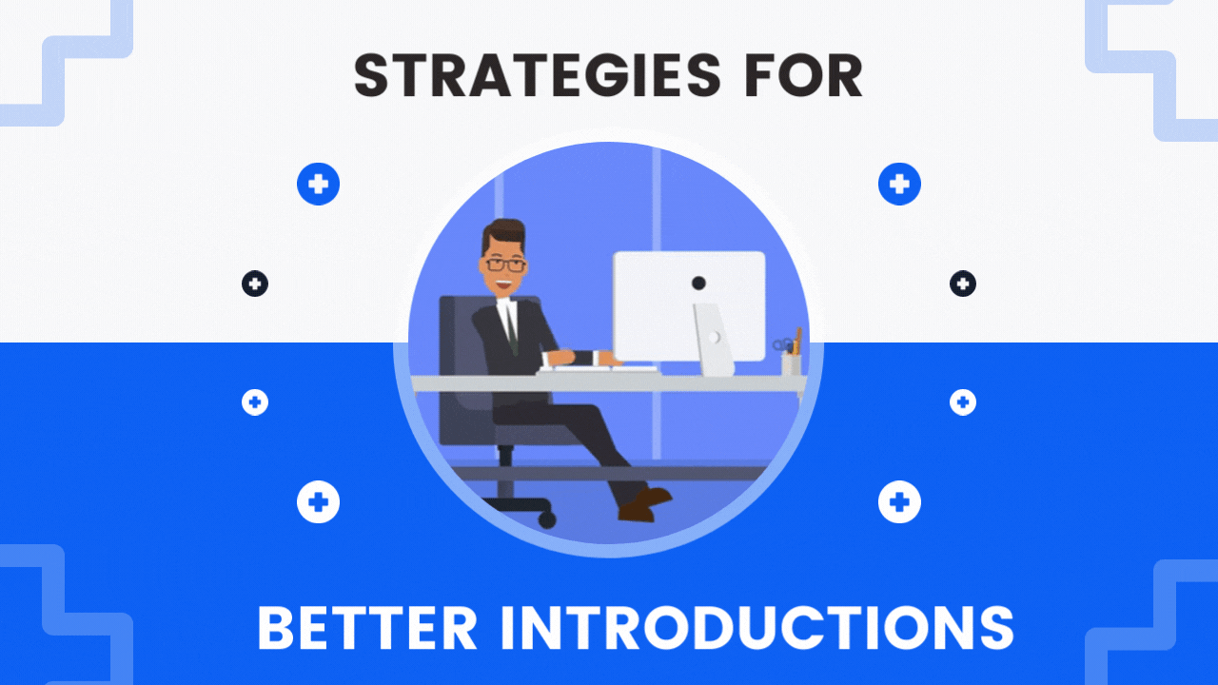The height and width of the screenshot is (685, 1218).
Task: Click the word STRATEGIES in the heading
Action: pyautogui.click(x=538, y=75)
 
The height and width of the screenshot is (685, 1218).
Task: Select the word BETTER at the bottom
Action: pyautogui.click(x=367, y=628)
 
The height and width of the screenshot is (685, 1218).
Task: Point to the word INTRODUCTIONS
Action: pyautogui.click(x=756, y=628)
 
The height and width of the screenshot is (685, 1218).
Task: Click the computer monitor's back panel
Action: pyautogui.click(x=689, y=306)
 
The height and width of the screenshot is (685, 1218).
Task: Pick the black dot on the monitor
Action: pyautogui.click(x=698, y=283)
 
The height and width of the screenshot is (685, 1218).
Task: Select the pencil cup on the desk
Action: pyautogui.click(x=791, y=363)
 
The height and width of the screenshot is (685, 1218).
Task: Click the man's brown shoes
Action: pyautogui.click(x=644, y=504)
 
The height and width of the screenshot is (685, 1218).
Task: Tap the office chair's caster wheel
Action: pyautogui.click(x=547, y=520)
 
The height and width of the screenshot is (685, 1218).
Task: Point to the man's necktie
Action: pyautogui.click(x=511, y=325)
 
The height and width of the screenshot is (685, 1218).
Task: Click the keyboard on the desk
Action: pyautogui.click(x=599, y=369)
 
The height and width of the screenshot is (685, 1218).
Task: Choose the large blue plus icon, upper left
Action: pyautogui.click(x=318, y=184)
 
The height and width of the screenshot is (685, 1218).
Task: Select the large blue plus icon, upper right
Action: pyautogui.click(x=899, y=184)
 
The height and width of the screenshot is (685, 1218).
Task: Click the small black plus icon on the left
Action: pyautogui.click(x=255, y=284)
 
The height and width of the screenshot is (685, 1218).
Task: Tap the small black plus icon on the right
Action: pyautogui.click(x=962, y=284)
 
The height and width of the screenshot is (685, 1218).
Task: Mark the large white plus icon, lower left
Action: pyautogui.click(x=318, y=501)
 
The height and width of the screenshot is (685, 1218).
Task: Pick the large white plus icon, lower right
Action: pyautogui.click(x=899, y=501)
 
